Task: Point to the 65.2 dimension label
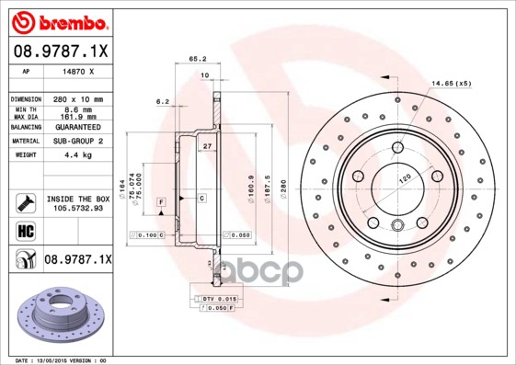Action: point(197,58)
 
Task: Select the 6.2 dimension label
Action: point(163,101)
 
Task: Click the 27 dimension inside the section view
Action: point(207,146)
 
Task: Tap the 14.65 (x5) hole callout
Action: point(451,84)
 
